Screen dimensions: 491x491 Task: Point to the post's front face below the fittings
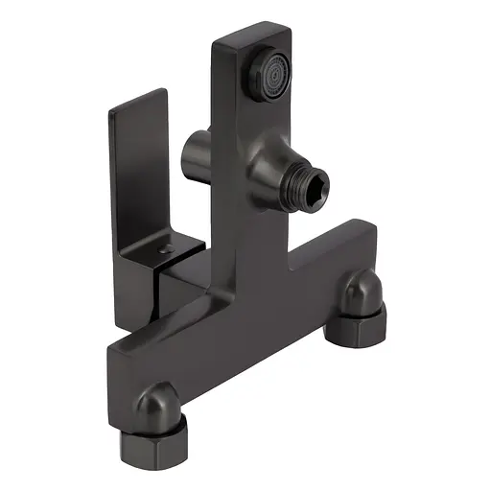tap(251, 259)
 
